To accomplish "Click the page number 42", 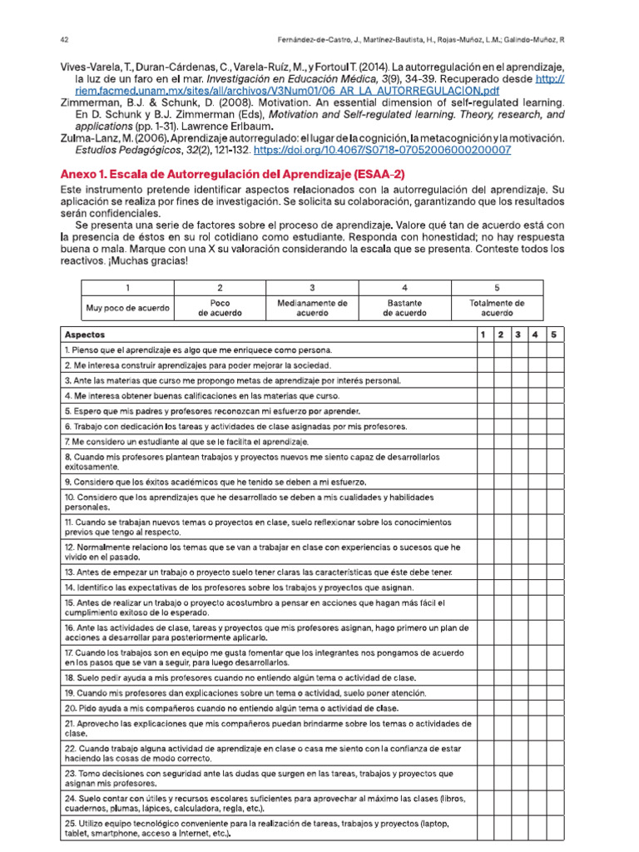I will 64,39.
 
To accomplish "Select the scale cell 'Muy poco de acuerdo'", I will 128,308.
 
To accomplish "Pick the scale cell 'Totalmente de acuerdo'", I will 497,308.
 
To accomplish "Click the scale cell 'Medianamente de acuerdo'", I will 312,308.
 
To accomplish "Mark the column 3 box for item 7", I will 518,441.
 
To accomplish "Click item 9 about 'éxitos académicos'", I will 215,483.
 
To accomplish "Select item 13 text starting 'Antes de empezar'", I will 258,572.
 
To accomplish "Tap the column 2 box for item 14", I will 501,587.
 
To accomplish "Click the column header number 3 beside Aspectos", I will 518,334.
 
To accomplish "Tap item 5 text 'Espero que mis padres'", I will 212,411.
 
